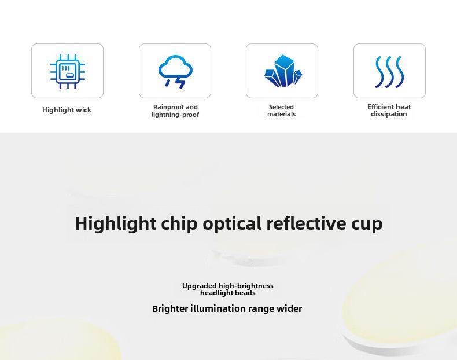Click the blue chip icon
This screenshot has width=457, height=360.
(x=68, y=71)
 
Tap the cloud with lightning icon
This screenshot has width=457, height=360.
(x=175, y=71)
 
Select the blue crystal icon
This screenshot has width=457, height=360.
(x=283, y=71)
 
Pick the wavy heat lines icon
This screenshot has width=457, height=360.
(x=390, y=72)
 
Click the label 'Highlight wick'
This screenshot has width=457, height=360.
(x=67, y=110)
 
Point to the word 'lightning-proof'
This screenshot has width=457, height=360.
(x=175, y=115)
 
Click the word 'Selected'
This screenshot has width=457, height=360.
(x=281, y=107)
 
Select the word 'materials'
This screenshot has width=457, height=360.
(x=282, y=114)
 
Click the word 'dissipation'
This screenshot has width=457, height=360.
(x=389, y=114)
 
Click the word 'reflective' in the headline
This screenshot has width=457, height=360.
(x=306, y=223)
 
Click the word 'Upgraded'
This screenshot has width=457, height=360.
(x=200, y=286)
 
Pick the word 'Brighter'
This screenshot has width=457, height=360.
(x=170, y=308)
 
